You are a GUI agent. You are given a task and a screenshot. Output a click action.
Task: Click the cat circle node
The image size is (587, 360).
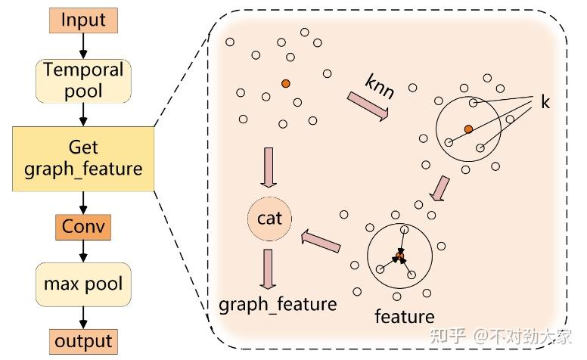tap(269, 219)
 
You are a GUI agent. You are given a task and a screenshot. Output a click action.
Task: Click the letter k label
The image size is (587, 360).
tap(545, 101)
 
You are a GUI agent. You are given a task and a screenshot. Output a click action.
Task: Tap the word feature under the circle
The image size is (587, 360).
tap(405, 315)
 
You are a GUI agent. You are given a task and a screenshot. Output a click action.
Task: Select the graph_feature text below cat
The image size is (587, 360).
tap(277, 304)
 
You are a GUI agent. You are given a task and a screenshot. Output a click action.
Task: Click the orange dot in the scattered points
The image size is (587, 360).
tap(285, 83)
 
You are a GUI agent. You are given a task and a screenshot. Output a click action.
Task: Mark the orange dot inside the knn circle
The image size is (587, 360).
tap(469, 129)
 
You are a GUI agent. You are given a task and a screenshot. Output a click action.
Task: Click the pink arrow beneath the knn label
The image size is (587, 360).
tap(368, 106)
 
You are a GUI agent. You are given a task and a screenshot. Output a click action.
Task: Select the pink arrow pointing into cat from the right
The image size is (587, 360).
tap(321, 241)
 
